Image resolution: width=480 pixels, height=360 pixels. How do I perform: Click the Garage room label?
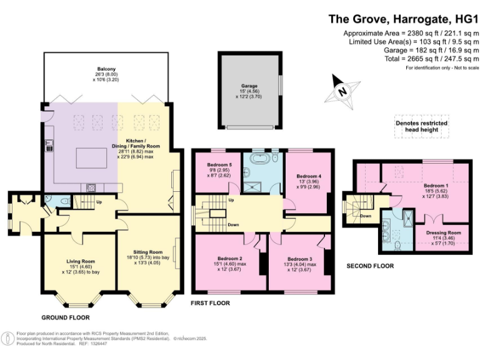coord(249,86)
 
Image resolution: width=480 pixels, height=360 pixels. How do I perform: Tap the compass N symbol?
coord(342,91)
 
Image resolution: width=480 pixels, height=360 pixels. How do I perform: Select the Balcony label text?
coord(106,69)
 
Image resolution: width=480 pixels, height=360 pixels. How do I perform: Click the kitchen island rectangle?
coord(92,157)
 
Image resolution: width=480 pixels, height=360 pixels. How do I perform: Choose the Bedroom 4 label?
coord(309,176)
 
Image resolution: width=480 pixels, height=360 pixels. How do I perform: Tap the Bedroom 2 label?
coord(230,259)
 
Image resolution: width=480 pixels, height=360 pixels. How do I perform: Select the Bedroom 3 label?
coord(300,259)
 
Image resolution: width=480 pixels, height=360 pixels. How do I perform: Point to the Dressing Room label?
coord(443,232)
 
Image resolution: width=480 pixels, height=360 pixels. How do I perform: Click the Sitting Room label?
coord(148,252)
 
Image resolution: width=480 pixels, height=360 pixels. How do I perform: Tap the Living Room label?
coord(81,261)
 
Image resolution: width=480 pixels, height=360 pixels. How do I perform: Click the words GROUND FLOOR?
coord(66,317)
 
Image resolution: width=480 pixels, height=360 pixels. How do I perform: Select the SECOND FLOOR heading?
coord(370,266)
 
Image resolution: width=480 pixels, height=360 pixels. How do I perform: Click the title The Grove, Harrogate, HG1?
coord(403,19)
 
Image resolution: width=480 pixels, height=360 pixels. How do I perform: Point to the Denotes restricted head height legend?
coord(421,126)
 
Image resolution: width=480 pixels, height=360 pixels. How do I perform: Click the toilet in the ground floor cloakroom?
coord(65,201)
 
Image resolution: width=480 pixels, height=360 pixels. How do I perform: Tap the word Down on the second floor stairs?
coord(366,216)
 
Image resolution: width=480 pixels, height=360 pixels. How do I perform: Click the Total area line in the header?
coord(432,59)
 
